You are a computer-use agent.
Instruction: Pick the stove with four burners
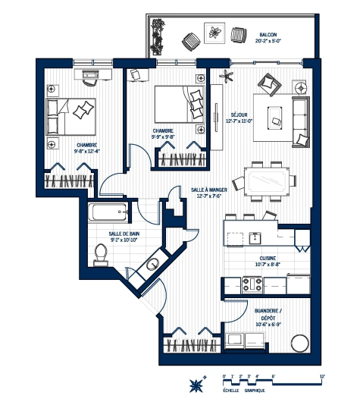(252, 285)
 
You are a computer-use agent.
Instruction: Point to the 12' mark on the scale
(322, 376)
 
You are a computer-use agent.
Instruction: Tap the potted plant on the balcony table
(215, 33)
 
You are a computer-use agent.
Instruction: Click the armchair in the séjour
(268, 83)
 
